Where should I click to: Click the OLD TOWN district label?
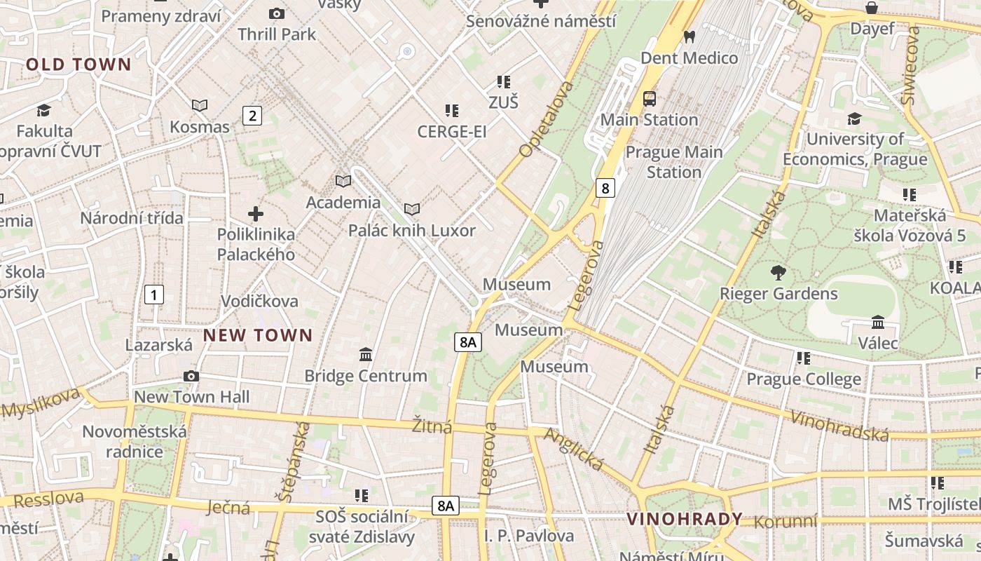tap(78, 65)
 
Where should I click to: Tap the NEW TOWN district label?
tap(258, 335)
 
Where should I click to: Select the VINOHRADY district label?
tap(685, 519)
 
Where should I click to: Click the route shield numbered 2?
tap(252, 116)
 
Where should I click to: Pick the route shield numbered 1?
tap(153, 295)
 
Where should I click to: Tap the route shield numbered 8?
tap(605, 188)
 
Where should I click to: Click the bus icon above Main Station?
tap(650, 98)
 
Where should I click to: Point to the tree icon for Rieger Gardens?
tap(778, 272)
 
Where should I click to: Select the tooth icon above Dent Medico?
tap(690, 36)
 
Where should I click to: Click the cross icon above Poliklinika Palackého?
tap(256, 213)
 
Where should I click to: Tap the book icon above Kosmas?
tap(200, 106)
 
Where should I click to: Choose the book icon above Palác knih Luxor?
tap(412, 209)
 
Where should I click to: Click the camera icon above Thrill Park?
tap(277, 13)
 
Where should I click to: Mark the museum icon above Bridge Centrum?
tap(365, 355)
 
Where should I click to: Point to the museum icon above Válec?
tap(877, 322)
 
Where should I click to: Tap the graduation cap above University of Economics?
tap(854, 119)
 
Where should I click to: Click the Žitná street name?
tap(432, 426)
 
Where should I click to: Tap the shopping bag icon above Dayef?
tap(871, 8)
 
